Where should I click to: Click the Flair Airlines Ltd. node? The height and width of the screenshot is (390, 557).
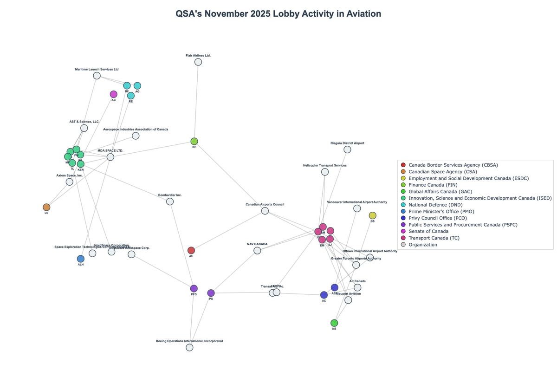tap(198, 62)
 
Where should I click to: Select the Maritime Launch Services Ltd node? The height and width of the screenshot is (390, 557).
tap(97, 76)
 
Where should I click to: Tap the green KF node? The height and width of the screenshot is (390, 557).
tap(194, 141)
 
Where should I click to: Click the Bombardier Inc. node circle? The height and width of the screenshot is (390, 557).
tap(170, 201)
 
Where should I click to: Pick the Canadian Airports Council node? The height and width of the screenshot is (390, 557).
tap(265, 211)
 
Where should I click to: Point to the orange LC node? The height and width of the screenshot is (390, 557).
tap(46, 207)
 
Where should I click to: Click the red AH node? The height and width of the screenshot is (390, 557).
tap(191, 250)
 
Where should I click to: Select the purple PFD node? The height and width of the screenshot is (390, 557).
tap(194, 288)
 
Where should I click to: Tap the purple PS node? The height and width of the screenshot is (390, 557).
tap(211, 293)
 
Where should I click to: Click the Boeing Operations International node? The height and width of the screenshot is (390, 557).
tap(189, 347)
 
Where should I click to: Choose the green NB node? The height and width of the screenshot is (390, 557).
tap(334, 323)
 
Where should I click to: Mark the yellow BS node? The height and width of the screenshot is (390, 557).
tap(372, 215)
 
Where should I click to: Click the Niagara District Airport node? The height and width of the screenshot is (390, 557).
tap(347, 149)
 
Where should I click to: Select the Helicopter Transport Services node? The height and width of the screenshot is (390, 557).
tap(325, 172)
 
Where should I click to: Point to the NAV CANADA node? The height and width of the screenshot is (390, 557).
tap(257, 251)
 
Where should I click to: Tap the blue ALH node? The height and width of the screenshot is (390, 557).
tap(81, 259)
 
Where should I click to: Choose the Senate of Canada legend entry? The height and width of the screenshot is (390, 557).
tap(428, 231)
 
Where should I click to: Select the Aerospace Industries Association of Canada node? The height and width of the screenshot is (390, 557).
tap(136, 136)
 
